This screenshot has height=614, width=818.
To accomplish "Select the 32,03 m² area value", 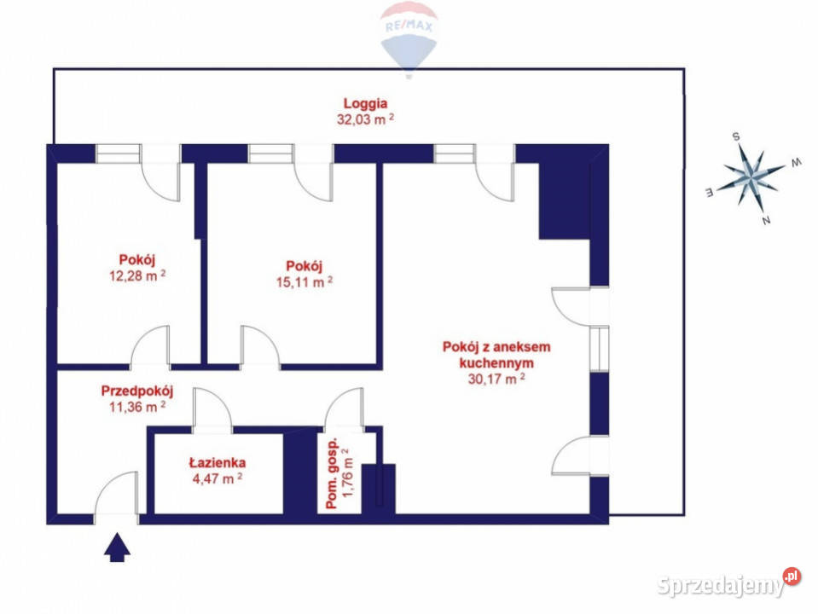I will (x=365, y=120).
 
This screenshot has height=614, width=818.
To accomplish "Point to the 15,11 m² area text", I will (x=303, y=281).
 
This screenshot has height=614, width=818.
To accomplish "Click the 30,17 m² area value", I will (x=496, y=380).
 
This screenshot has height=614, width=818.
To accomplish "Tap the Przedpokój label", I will (x=137, y=391).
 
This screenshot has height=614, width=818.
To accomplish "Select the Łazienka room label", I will (x=218, y=463).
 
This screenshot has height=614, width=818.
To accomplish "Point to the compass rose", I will (x=749, y=177).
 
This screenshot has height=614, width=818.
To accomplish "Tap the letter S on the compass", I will (x=734, y=136).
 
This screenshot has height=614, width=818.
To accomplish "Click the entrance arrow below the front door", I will (x=117, y=547).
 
